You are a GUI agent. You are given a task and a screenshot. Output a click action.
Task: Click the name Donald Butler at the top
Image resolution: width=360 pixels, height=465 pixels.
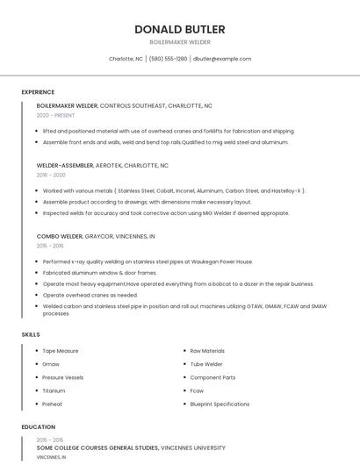point(179,29)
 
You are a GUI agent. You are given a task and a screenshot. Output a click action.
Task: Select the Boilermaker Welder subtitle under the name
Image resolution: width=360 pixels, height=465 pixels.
point(179,42)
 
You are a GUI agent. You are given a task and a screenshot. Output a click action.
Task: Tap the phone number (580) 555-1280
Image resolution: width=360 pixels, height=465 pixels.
point(168,59)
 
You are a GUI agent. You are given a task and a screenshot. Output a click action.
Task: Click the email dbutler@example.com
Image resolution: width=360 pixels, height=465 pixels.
point(221,59)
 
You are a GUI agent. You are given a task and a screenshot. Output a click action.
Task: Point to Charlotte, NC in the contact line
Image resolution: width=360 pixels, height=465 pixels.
point(126,59)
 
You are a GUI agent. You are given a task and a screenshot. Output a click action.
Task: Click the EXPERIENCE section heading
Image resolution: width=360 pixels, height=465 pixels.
point(38,92)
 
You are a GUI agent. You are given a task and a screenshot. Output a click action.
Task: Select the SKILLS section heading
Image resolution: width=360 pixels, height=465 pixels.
point(31,334)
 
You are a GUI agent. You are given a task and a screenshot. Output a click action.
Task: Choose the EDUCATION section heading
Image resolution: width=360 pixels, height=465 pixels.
point(38,427)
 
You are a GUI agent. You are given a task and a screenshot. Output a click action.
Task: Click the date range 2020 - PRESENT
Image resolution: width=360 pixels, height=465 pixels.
point(56,115)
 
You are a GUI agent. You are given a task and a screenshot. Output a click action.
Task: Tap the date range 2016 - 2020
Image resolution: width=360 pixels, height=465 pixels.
point(52,175)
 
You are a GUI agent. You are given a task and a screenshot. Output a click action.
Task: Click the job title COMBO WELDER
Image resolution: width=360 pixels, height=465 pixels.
point(60,236)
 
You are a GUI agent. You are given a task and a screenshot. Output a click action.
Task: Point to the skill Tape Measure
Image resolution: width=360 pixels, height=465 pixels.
point(61,351)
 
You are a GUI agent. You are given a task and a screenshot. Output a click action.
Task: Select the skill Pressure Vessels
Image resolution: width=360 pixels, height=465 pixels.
point(63,377)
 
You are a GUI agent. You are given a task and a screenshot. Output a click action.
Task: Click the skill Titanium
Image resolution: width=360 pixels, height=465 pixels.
point(54,390)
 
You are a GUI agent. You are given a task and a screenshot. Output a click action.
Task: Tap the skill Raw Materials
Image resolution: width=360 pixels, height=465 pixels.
point(207,351)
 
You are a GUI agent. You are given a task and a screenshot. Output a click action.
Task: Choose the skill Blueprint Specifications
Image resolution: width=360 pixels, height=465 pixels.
point(220,404)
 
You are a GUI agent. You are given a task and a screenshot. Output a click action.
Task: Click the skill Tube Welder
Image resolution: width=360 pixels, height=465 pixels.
point(206,364)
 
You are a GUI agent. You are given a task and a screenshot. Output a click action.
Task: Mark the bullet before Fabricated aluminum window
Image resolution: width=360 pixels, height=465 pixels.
point(38,273)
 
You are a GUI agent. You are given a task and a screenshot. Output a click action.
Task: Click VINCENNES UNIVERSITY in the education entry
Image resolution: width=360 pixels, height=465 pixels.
point(198,447)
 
